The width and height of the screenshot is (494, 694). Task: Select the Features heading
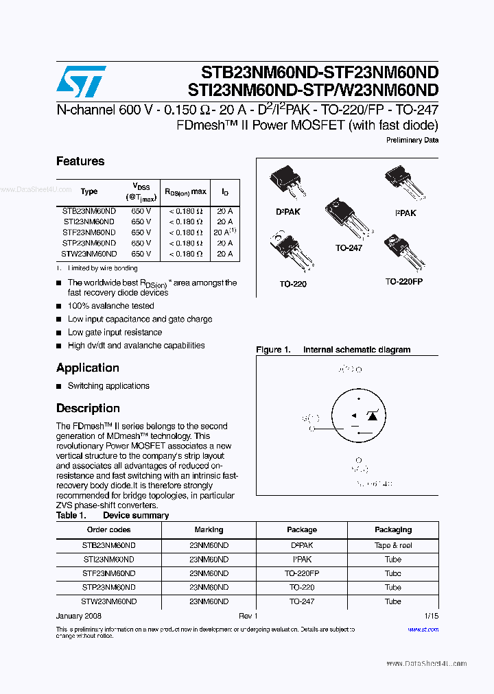(80, 161)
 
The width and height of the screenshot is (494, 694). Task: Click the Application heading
(88, 368)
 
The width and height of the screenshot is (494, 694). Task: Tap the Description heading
(88, 408)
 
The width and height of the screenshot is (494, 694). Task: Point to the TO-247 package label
(349, 248)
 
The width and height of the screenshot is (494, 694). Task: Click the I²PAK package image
(403, 184)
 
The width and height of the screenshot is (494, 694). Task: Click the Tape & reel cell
(393, 545)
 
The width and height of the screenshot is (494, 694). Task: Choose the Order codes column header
(108, 529)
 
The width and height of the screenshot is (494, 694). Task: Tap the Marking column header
(209, 529)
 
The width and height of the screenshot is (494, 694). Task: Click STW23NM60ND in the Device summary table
(108, 601)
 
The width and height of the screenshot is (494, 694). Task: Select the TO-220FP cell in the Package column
(302, 573)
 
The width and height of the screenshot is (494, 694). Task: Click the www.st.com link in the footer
(423, 630)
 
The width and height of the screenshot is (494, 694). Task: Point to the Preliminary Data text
(412, 140)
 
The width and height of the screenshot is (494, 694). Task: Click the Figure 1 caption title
(333, 350)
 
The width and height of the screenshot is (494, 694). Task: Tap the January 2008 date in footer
(79, 616)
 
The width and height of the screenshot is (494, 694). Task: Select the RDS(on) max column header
(185, 192)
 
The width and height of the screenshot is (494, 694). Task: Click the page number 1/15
(431, 616)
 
